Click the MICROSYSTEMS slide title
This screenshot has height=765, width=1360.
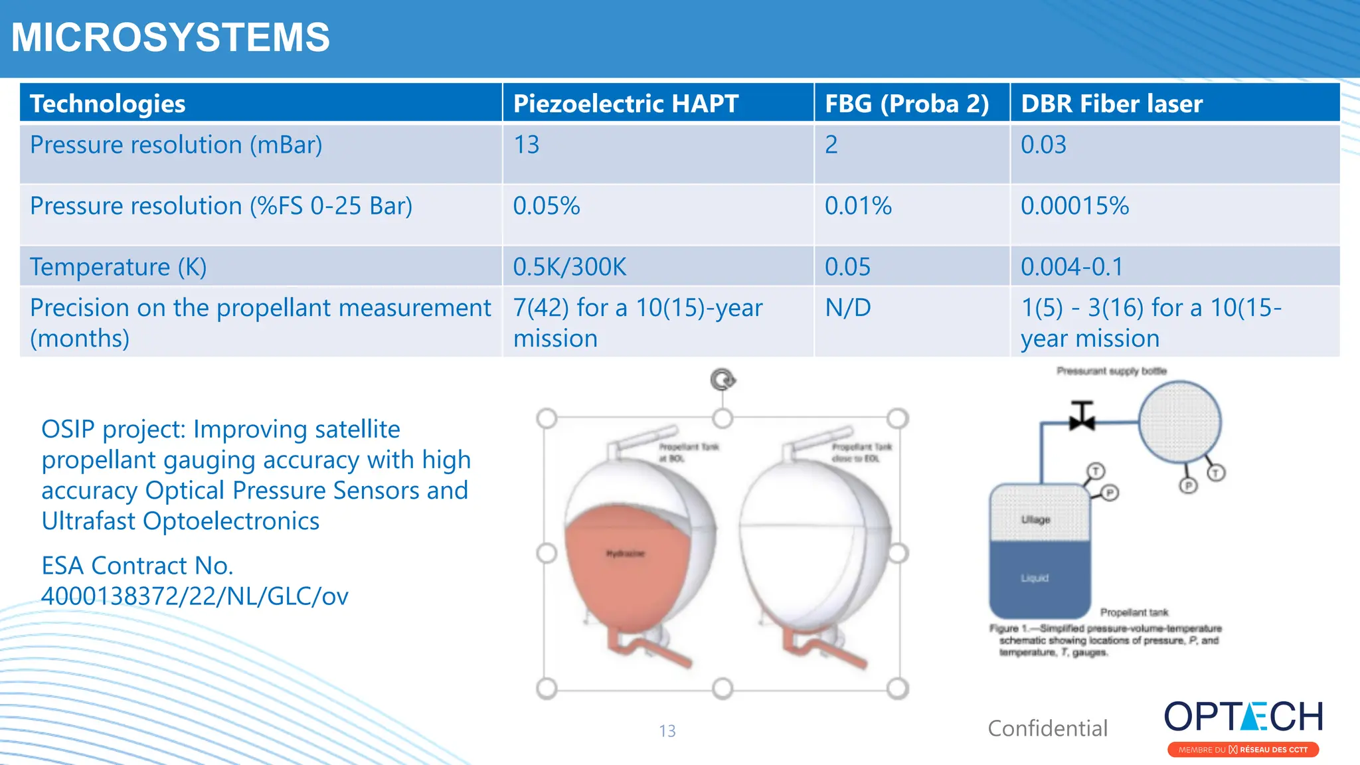coord(170,37)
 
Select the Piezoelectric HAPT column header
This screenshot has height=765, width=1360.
coord(626,104)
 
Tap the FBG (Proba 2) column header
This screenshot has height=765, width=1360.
coord(906,104)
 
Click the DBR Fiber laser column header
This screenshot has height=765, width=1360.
coord(1112,104)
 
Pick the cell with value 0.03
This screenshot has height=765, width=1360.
coord(1043,145)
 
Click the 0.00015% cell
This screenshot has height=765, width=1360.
coord(1074,206)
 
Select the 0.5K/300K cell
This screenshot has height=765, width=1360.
coord(570,267)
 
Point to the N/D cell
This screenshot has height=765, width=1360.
coord(847,308)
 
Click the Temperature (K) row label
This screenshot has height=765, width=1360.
coord(118,267)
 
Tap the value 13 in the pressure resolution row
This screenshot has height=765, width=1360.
coord(527,145)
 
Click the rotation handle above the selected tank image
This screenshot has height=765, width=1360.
coord(722,380)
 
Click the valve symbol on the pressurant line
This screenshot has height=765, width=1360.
coord(1082,416)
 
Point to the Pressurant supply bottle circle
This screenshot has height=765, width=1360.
coord(1179,422)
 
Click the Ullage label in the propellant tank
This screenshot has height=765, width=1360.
coord(1035,519)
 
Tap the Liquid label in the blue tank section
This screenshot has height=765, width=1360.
coord(1035,578)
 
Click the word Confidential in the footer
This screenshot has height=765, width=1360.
coord(1047,728)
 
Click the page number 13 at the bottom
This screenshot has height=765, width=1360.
coord(667,731)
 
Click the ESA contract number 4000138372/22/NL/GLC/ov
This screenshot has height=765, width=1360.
coord(195,596)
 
